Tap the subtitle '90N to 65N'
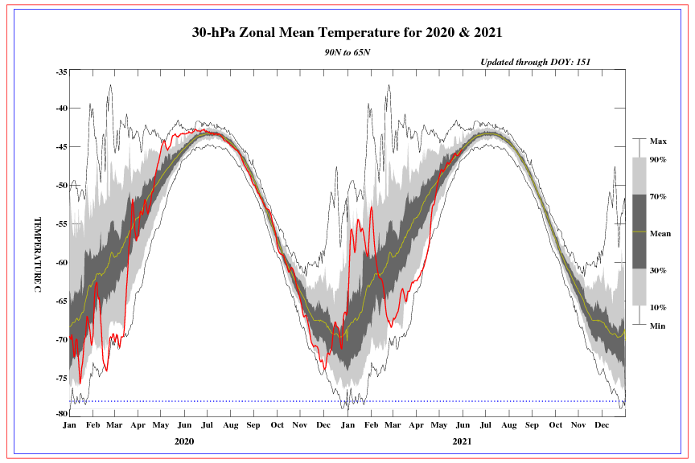pyautogui.click(x=347, y=51)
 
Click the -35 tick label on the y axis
pyautogui.click(x=62, y=72)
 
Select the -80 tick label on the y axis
pyautogui.click(x=62, y=413)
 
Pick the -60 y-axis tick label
pyautogui.click(x=62, y=262)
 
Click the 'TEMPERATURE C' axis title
pyautogui.click(x=37, y=254)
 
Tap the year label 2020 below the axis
pyautogui.click(x=184, y=441)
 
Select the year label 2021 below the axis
pyautogui.click(x=462, y=441)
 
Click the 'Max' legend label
pyautogui.click(x=658, y=141)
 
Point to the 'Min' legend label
pyautogui.click(x=657, y=326)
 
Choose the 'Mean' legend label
pyautogui.click(x=660, y=234)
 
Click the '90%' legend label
pyautogui.click(x=658, y=160)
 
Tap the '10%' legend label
pyautogui.click(x=658, y=306)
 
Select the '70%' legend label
pyautogui.click(x=658, y=196)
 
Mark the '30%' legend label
pyautogui.click(x=658, y=271)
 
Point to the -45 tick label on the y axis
pyautogui.click(x=62, y=146)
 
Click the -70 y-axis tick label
pyautogui.click(x=62, y=339)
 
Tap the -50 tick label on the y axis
pyautogui.click(x=62, y=185)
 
